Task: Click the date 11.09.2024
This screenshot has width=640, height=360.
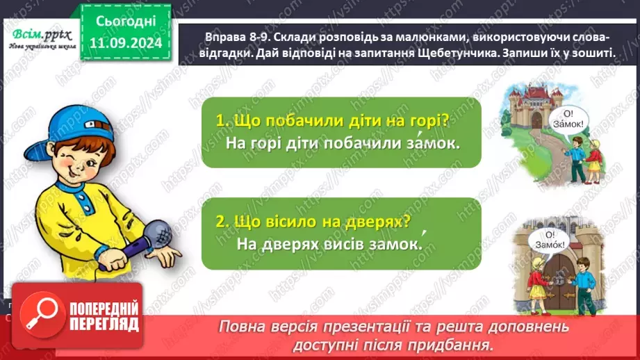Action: (126, 42)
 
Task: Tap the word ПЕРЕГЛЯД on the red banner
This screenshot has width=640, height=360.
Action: (103, 325)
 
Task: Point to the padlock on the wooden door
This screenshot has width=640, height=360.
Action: (559, 279)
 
